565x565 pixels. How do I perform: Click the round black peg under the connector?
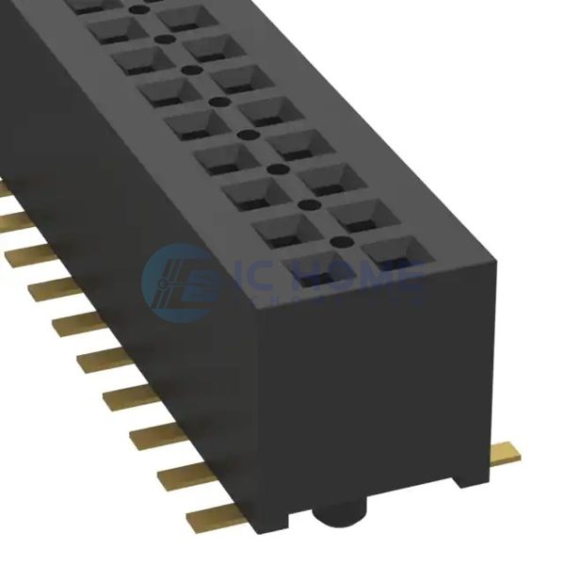point(338,515)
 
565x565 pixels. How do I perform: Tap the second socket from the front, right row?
point(362,216)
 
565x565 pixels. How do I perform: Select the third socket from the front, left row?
point(253,193)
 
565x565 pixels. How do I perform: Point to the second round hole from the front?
point(304,202)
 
